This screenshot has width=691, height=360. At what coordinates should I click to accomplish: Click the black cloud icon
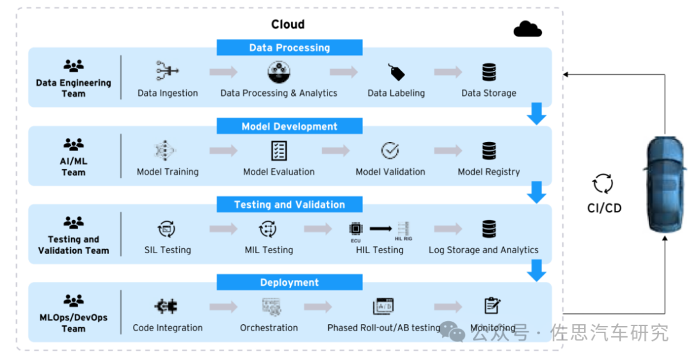[528, 29]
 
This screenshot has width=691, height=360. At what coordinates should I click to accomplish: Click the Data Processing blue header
[289, 47]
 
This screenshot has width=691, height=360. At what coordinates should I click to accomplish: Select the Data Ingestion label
[168, 93]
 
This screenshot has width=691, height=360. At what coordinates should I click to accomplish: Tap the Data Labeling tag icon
[397, 72]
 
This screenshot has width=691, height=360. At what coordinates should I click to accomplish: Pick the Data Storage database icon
[489, 72]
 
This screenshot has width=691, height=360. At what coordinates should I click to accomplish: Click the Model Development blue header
[289, 126]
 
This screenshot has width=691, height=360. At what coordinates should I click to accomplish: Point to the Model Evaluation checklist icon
[279, 151]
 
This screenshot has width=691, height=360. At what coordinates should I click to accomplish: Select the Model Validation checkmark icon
[390, 151]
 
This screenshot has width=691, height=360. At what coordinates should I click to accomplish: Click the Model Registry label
[489, 171]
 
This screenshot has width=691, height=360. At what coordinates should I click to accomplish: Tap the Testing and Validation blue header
[289, 205]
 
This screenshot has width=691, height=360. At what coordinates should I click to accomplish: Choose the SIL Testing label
[168, 249]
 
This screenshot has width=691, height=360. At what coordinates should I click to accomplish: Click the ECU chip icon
[355, 228]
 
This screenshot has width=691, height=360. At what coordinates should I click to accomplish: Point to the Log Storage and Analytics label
[484, 249]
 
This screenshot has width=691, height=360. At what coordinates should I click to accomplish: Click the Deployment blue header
[289, 283]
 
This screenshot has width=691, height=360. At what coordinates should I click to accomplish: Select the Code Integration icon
[166, 306]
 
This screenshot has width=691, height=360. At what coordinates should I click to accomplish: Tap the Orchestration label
[269, 327]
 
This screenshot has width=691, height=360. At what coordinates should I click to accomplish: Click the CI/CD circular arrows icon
[603, 184]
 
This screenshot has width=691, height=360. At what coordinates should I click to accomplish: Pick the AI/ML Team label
[74, 166]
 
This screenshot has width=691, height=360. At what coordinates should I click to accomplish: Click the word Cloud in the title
[288, 24]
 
